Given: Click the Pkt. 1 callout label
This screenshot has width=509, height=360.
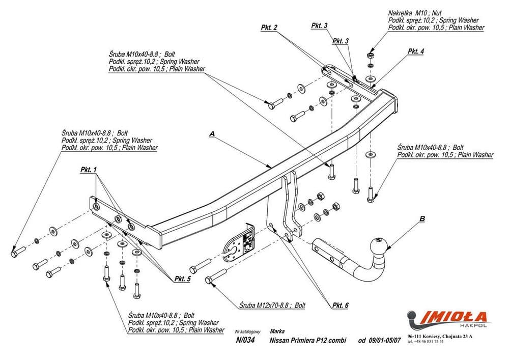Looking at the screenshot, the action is point(88,170).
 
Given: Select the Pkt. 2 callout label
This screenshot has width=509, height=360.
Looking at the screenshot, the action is point(269,27).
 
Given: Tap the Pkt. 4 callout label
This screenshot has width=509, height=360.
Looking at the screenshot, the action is point(416,51).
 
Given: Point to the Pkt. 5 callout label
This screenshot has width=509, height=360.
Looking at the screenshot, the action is point(182,279).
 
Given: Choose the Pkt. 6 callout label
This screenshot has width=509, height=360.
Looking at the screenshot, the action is point(340,306).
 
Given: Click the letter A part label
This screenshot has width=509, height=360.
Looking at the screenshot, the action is point(212,134).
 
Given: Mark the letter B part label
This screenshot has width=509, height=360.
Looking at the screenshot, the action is point(422,219).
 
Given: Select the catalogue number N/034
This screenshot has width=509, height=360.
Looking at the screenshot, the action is point(245,340).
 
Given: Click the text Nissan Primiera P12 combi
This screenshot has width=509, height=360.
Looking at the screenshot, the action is point(308,341).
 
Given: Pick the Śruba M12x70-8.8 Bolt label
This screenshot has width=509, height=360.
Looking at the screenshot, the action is point(272,306).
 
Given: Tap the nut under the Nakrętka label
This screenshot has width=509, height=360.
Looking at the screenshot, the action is point(371,56).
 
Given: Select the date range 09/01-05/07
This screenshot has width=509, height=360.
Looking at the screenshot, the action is point(380,341).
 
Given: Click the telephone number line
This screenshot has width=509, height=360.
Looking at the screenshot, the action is point(425,342).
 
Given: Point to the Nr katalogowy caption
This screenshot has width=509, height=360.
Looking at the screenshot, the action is point(248,332).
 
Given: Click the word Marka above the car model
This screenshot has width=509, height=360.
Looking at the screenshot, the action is point(277,331).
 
